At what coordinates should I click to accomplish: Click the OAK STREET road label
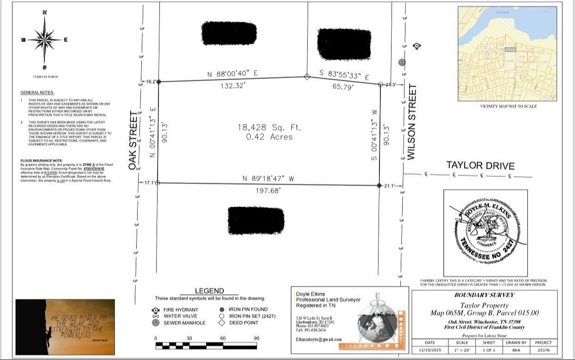pos(133,140)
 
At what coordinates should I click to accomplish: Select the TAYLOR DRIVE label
pos(480,165)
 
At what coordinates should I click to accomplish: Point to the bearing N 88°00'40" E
pos(232,74)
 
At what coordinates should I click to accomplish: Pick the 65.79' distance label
pos(343,86)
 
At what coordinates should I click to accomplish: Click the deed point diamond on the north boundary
pos(306,77)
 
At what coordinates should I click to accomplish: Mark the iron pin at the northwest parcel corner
pos(158,82)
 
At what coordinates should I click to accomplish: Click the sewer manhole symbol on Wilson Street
pos(402,62)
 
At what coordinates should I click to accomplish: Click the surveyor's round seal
pos(485,233)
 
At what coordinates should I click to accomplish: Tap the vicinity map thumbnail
pos(507,54)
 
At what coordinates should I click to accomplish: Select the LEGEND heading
pos(209,291)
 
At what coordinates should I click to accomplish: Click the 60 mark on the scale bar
pos(223,338)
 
